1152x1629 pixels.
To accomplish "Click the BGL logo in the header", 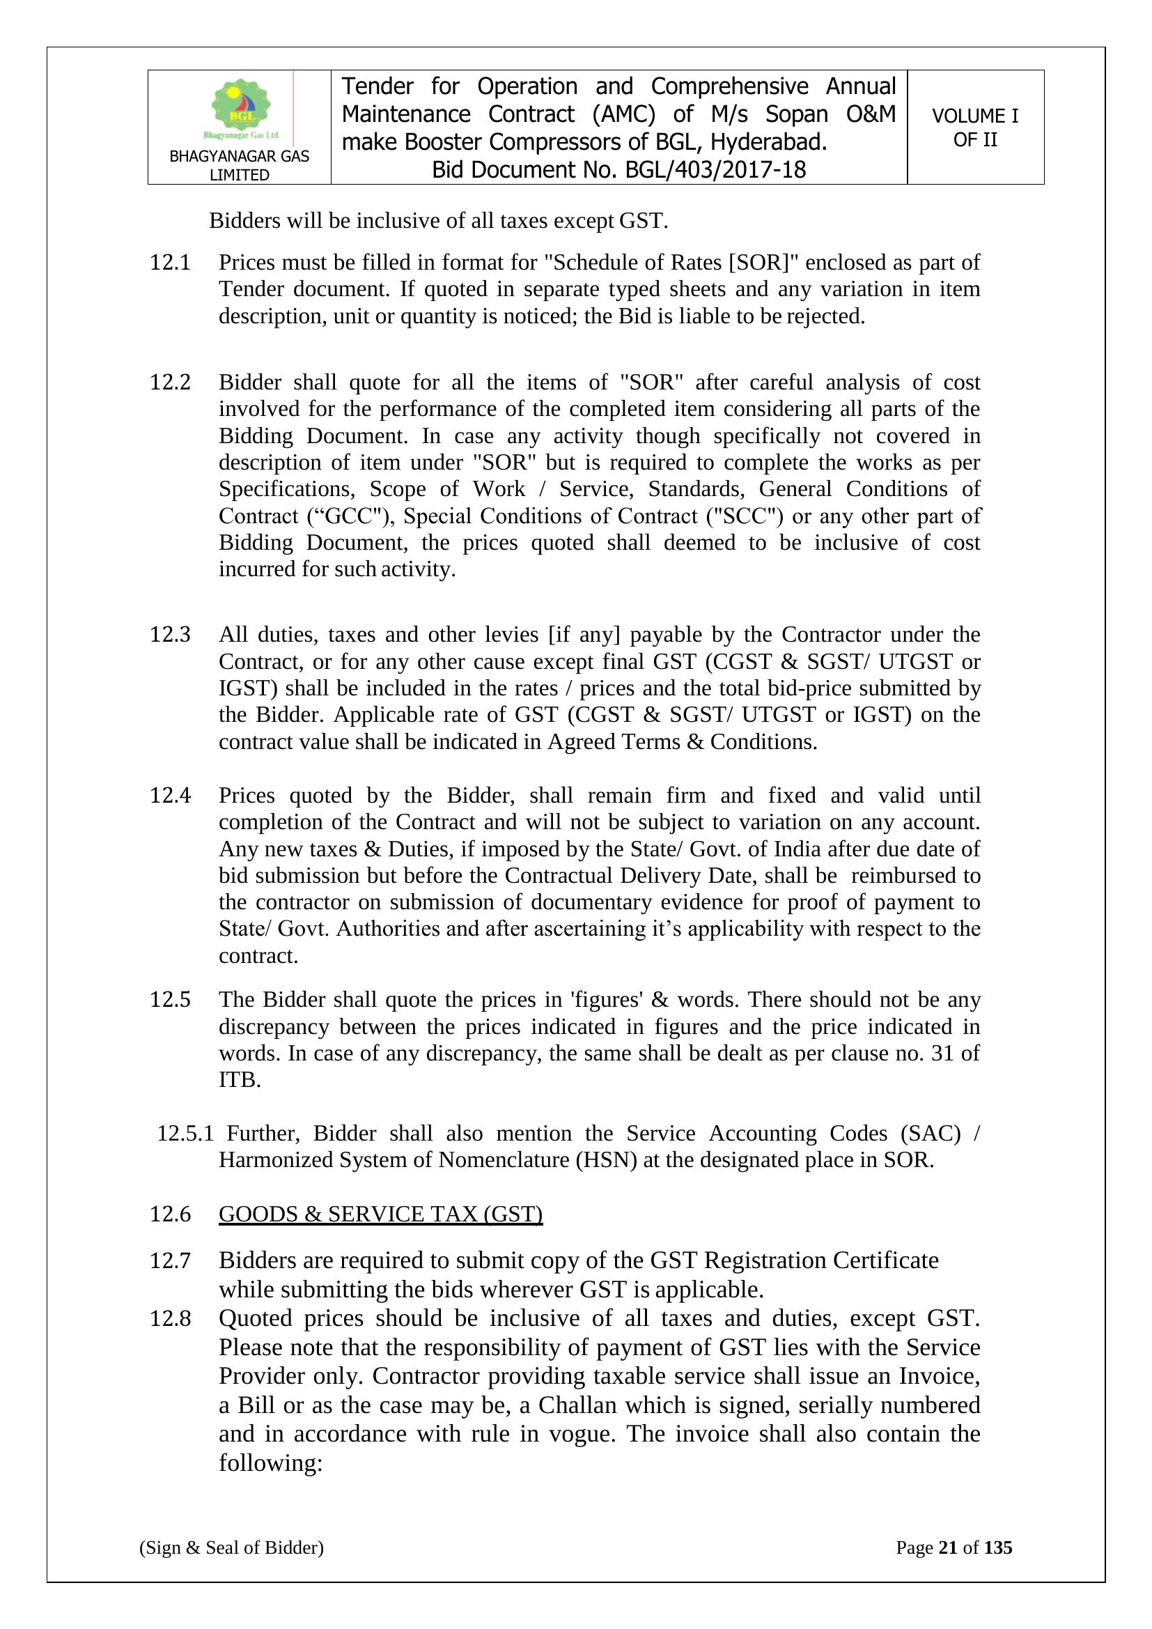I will pos(241,109).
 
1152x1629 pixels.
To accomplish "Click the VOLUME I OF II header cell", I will pos(974,128).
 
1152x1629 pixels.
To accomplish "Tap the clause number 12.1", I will pos(170,263).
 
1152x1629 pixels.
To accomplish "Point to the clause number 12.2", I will pos(170,383).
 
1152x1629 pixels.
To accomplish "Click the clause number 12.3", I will pos(170,634).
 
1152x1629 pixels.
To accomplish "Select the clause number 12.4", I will pos(170,796).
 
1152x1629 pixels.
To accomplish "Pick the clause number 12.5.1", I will pos(185,1133).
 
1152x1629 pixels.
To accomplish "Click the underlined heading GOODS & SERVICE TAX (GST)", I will pos(380,1214).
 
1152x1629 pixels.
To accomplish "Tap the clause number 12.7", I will pos(170,1260).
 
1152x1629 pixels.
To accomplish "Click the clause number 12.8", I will pos(170,1318).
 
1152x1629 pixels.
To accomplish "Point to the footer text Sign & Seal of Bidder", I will pos(231,1547).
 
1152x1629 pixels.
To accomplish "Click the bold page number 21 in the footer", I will pos(948,1547).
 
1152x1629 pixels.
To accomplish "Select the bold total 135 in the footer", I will pos(998,1547).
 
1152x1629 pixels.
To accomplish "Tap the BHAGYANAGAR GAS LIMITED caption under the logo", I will pos(239,165).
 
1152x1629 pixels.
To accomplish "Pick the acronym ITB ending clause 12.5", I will pos(240,1080).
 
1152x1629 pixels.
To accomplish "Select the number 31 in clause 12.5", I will pos(942,1053).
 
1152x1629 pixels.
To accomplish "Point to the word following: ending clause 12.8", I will pos(270,1463).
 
